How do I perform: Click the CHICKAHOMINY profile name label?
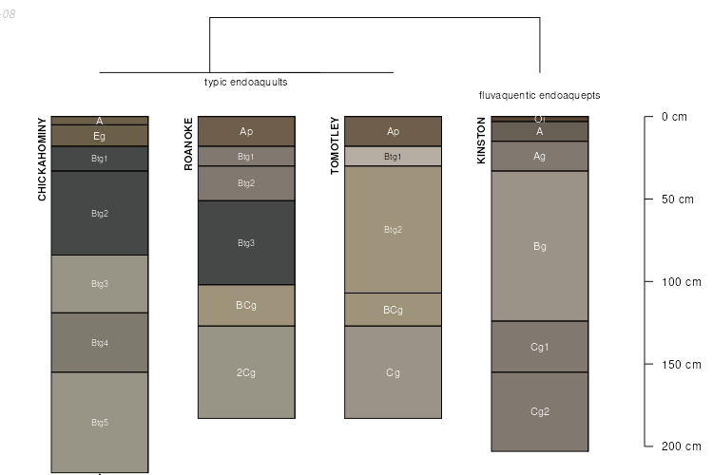pyautogui.click(x=42, y=159)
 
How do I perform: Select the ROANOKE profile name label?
pyautogui.click(x=188, y=143)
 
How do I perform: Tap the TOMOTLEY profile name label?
pyautogui.click(x=335, y=145)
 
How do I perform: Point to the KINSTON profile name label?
pyautogui.click(x=481, y=141)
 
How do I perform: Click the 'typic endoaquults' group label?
pyautogui.click(x=245, y=83)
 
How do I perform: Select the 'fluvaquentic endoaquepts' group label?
pyautogui.click(x=539, y=96)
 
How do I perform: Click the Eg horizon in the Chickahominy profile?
pyautogui.click(x=100, y=136)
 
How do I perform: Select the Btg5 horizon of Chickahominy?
pyautogui.click(x=100, y=422)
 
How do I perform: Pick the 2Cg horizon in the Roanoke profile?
pyautogui.click(x=246, y=372)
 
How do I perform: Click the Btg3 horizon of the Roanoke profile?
pyautogui.click(x=246, y=243)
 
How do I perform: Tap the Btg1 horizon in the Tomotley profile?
pyautogui.click(x=393, y=157)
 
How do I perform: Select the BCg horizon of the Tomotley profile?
pyautogui.click(x=393, y=310)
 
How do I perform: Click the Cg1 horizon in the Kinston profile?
pyautogui.click(x=540, y=347)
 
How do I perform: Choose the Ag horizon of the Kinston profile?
pyautogui.click(x=540, y=156)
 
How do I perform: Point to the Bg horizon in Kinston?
pyautogui.click(x=540, y=246)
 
